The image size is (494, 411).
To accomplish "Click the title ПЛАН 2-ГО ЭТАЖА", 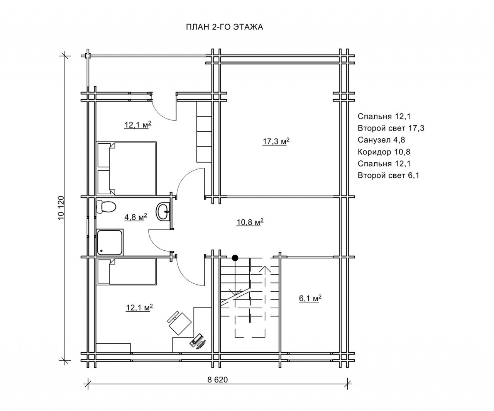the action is click(225, 27).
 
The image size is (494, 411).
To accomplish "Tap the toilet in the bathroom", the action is click(106, 207).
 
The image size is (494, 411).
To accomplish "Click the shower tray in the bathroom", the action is click(110, 242).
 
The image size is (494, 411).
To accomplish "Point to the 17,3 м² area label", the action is click(276, 141).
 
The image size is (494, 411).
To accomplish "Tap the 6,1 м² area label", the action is click(310, 298).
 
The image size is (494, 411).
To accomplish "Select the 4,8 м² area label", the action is click(136, 217).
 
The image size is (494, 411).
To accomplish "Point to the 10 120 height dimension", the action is click(61, 208).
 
